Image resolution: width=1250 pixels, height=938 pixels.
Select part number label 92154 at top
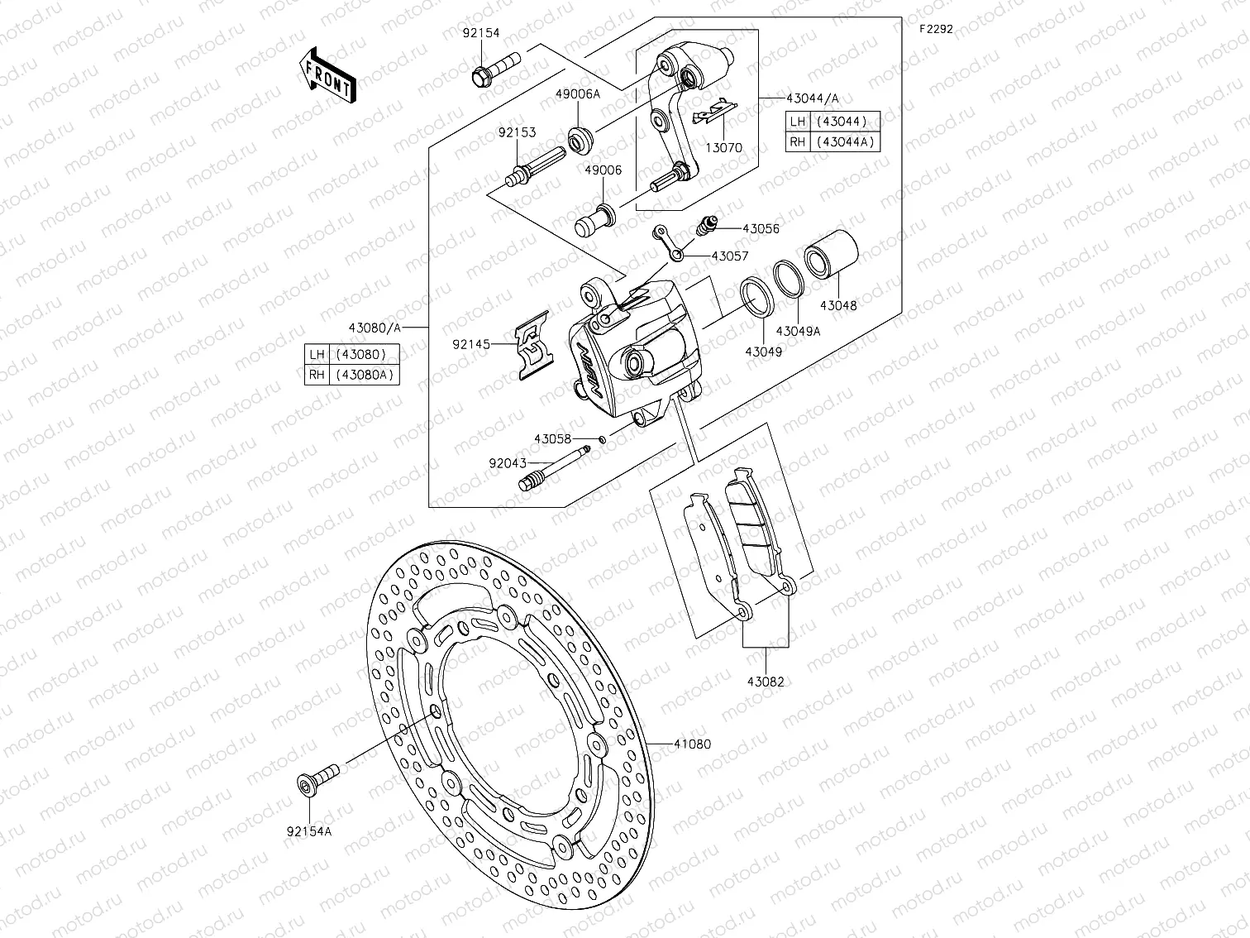pyautogui.click(x=480, y=33)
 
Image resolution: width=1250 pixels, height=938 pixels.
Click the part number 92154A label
pyautogui.click(x=309, y=831)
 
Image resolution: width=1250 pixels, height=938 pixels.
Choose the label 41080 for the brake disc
pyautogui.click(x=692, y=744)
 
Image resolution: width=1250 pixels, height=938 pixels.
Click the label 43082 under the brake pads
pyautogui.click(x=766, y=682)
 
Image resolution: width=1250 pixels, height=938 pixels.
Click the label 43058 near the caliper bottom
pyautogui.click(x=552, y=439)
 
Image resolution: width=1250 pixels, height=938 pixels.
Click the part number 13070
pyautogui.click(x=724, y=148)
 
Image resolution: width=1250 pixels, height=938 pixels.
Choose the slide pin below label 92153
pyautogui.click(x=532, y=169)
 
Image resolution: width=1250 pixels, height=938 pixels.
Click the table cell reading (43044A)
pyautogui.click(x=846, y=141)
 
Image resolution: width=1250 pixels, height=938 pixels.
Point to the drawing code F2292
pyautogui.click(x=936, y=28)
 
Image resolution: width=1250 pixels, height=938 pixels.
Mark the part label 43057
pyautogui.click(x=730, y=256)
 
